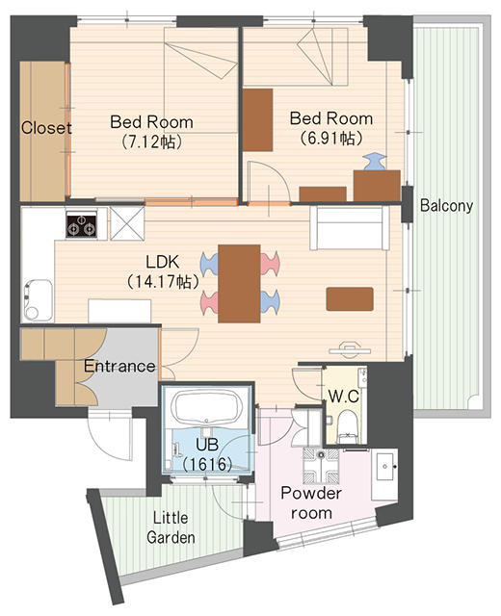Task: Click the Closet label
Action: [46, 128]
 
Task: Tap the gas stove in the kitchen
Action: [81, 224]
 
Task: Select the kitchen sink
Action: [38, 299]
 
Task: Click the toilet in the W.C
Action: [347, 426]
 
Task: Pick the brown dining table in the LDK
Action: [239, 284]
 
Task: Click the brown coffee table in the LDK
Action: [350, 299]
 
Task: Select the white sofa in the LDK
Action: [349, 228]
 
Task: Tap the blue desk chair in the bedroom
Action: [374, 162]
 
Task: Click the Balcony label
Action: [446, 206]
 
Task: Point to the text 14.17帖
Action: [162, 281]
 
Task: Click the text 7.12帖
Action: [151, 141]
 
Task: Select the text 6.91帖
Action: [331, 138]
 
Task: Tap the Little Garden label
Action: [171, 527]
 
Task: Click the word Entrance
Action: [119, 366]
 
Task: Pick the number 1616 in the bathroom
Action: [207, 465]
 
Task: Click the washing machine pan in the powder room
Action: [321, 466]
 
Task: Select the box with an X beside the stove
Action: [127, 223]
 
